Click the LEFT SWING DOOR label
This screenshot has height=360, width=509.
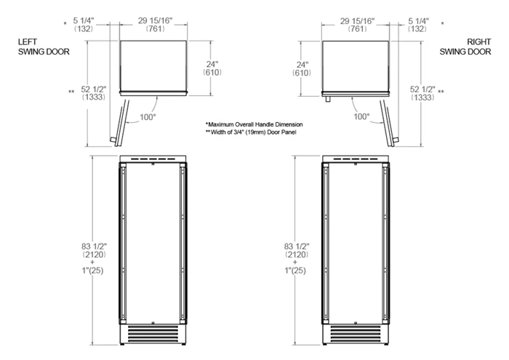(44, 47)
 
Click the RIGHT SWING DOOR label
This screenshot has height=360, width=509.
(465, 47)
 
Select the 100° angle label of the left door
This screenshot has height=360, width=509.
(148, 117)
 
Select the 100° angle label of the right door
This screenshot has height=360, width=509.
(361, 116)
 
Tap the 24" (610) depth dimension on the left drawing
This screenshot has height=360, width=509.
(212, 68)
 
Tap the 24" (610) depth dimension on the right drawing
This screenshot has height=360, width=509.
(302, 69)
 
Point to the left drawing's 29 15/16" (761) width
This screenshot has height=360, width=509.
(155, 25)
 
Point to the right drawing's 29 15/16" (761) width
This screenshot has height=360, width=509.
(358, 25)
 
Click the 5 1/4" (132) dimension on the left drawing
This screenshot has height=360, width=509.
(84, 25)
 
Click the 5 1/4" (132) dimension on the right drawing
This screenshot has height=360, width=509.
(418, 25)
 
